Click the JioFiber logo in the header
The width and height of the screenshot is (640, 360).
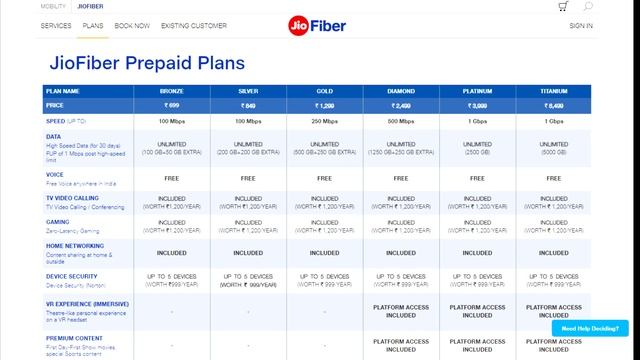320,25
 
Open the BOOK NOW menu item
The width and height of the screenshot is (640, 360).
133,25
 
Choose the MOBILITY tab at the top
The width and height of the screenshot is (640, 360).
54,6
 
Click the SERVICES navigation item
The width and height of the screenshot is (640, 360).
56,25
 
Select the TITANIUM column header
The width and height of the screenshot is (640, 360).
555,90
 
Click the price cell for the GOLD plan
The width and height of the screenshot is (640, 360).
325,105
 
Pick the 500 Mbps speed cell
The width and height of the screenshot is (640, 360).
402,121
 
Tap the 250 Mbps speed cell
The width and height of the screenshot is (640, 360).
325,121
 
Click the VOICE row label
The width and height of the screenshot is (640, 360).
55,174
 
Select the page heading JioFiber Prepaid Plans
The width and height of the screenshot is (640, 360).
147,63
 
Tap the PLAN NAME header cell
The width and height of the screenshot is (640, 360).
64,90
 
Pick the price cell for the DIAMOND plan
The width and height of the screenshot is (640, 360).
402,105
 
